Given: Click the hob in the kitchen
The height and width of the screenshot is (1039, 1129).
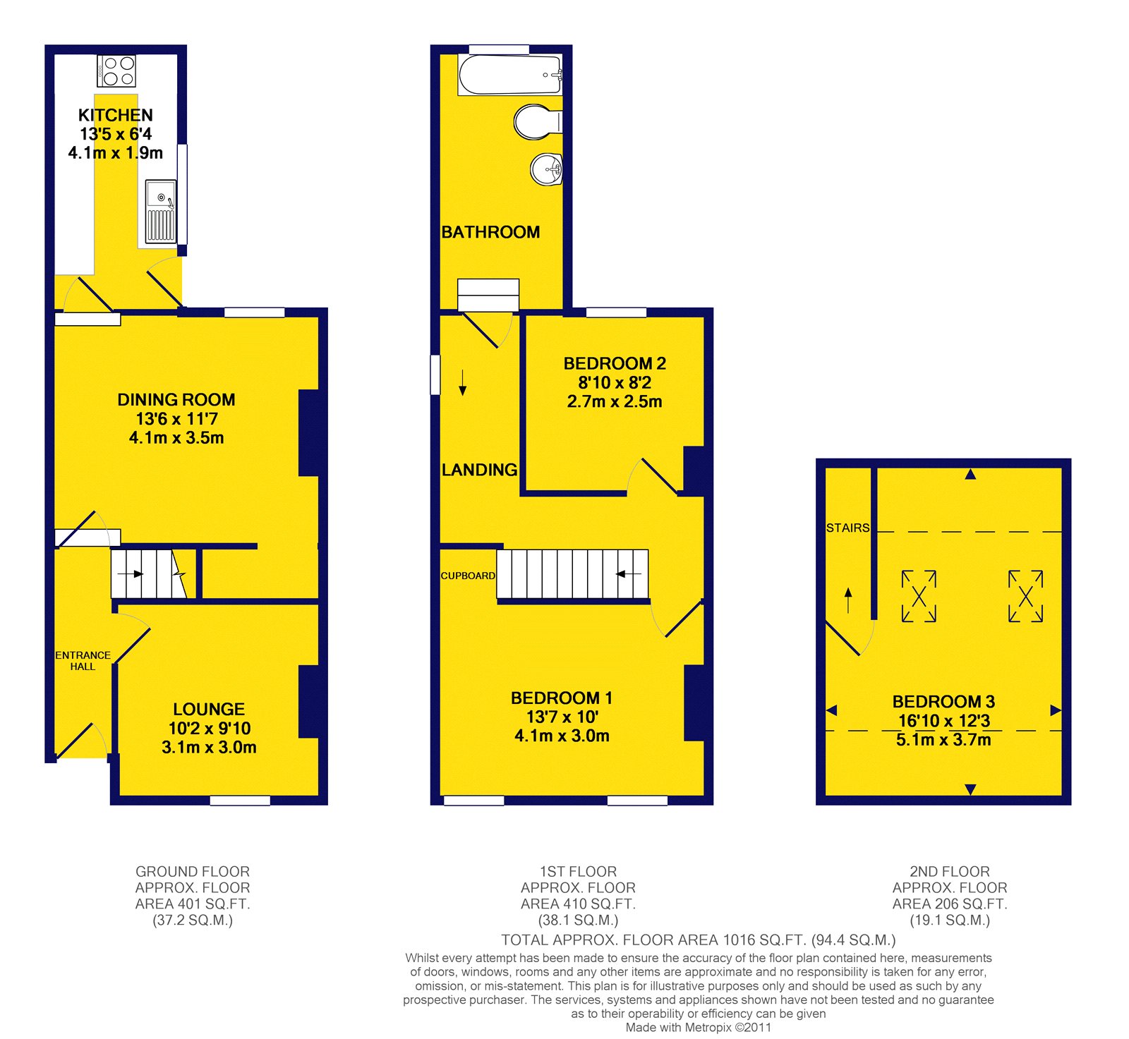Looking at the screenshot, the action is (116, 71).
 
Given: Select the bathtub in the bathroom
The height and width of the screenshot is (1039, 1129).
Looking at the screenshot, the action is (510, 74).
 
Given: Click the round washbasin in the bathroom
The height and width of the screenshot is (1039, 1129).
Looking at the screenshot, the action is (547, 169).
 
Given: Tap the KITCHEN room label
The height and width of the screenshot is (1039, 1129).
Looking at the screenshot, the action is (116, 115).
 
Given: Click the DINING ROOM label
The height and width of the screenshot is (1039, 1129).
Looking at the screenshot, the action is (176, 400).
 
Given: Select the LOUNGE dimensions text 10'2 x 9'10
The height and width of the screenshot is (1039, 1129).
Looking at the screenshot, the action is (210, 729).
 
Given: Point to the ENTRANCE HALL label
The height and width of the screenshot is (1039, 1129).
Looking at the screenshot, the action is (83, 661).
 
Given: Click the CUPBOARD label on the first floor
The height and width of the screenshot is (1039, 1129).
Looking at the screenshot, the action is (468, 576).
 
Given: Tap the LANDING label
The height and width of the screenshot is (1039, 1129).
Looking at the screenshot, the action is (479, 470).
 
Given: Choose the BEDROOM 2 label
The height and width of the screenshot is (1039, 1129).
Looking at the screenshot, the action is (615, 364).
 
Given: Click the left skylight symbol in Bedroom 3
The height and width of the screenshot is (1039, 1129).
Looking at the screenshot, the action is (919, 596).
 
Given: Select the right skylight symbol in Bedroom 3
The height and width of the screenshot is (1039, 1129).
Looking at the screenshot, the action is (1026, 596).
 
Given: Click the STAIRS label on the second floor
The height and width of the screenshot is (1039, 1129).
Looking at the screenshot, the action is (847, 528).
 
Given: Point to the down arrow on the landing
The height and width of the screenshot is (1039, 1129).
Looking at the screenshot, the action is (463, 382).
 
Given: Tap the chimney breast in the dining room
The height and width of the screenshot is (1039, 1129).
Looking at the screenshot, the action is (309, 433).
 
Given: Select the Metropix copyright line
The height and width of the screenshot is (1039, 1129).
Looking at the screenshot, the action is (699, 1028).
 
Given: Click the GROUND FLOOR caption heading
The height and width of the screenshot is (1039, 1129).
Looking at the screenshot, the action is (193, 872).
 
